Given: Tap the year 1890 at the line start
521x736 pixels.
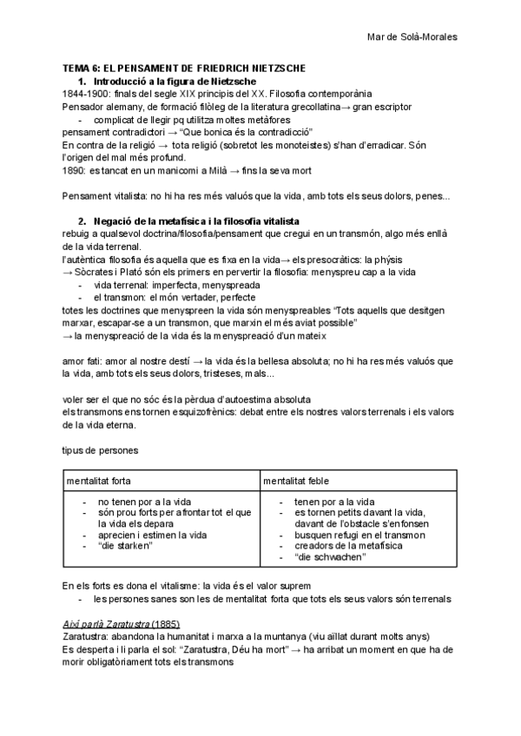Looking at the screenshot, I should (74, 171).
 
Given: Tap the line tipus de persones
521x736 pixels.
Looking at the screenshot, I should (100, 451).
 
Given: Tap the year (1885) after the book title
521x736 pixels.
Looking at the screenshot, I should (168, 624).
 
